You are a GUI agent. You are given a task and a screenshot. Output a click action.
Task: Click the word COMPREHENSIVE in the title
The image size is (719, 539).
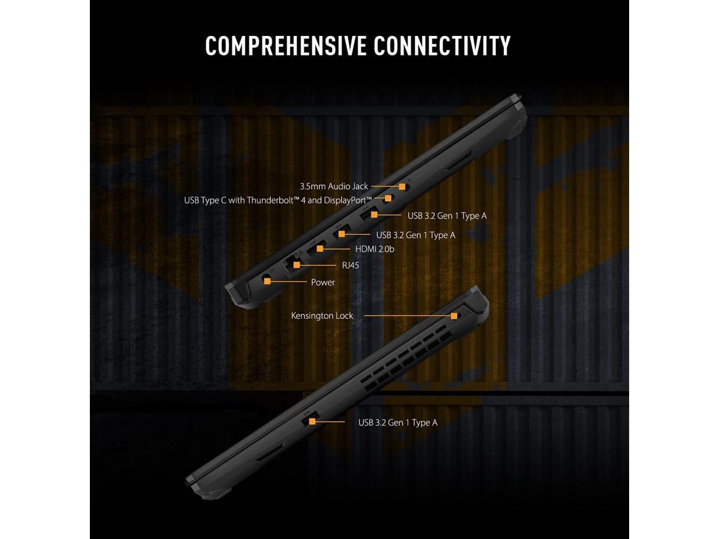286,45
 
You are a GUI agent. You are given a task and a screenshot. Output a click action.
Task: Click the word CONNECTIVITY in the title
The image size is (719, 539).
442,45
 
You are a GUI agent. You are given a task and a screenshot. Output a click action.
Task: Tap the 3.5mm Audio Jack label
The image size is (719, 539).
334,186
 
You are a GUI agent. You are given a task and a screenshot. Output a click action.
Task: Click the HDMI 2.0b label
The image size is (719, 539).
375,249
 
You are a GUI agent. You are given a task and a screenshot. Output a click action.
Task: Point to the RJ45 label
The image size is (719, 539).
351,265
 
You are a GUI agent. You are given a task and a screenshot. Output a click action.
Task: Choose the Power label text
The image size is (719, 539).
323,282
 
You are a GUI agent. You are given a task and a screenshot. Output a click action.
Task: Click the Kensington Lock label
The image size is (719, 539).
322,316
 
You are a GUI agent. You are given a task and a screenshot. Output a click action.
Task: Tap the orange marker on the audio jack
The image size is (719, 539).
402,186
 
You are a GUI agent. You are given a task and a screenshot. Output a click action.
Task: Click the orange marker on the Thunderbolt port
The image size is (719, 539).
388,198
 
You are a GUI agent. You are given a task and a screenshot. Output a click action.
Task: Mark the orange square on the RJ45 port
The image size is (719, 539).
297,264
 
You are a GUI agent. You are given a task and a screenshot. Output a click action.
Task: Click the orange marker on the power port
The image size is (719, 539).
267,281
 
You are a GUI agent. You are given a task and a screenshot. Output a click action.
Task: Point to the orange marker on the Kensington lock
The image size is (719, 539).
454,316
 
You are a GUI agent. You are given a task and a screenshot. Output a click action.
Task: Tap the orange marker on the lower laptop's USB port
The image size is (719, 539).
312,421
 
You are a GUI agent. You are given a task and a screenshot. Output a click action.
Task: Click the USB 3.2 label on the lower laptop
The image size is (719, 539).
398,423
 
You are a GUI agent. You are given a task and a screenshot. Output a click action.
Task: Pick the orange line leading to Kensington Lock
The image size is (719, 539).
407,316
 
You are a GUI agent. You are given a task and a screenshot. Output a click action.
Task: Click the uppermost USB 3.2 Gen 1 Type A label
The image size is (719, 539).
447,216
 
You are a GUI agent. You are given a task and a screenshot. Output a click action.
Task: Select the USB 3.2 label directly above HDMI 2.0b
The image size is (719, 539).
416,235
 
